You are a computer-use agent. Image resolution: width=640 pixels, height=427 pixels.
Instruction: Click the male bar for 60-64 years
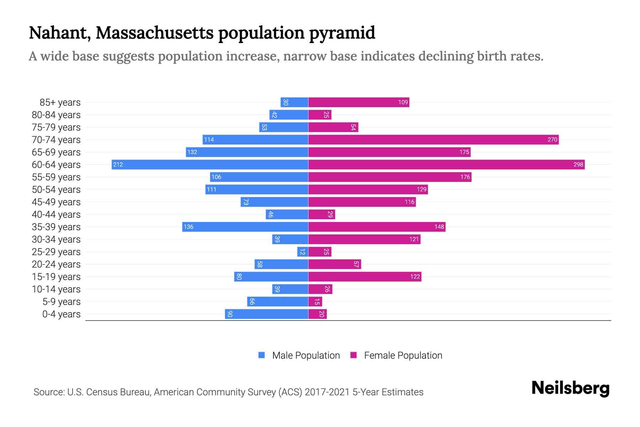pos(210,164)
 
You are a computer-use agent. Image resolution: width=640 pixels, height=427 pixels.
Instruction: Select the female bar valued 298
pos(446,164)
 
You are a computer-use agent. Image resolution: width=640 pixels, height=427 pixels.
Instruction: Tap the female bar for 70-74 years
pos(433,139)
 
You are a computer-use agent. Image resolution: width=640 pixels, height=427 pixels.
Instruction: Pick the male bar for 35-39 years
pos(245,227)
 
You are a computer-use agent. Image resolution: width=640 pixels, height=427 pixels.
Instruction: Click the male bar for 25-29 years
pos(303,252)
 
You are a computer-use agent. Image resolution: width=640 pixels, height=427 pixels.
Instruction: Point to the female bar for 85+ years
pos(359,102)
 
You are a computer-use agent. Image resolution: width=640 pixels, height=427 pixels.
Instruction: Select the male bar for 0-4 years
pos(267,314)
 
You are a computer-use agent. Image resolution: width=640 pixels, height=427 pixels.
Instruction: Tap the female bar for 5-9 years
pos(315,301)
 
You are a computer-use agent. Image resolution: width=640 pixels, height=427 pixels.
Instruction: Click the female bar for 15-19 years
pos(365,276)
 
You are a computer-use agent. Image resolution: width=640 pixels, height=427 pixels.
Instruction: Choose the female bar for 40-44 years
pos(321,214)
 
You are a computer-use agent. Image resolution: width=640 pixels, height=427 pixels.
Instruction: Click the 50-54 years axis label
pos(56,189)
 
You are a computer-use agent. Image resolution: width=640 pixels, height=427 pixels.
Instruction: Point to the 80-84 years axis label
pos(56,115)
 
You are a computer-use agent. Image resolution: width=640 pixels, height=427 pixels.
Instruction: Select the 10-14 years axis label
pos(56,289)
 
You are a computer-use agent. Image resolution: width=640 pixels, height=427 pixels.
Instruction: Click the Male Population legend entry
pos(306,355)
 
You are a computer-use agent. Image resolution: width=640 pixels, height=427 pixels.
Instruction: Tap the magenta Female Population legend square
pos(353,355)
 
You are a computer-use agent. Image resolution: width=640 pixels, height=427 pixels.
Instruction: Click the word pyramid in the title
pos(342,33)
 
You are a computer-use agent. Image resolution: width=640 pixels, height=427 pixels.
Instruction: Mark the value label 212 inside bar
pos(118,164)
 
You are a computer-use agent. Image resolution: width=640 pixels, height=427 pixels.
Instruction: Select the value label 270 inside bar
pos(552,139)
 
